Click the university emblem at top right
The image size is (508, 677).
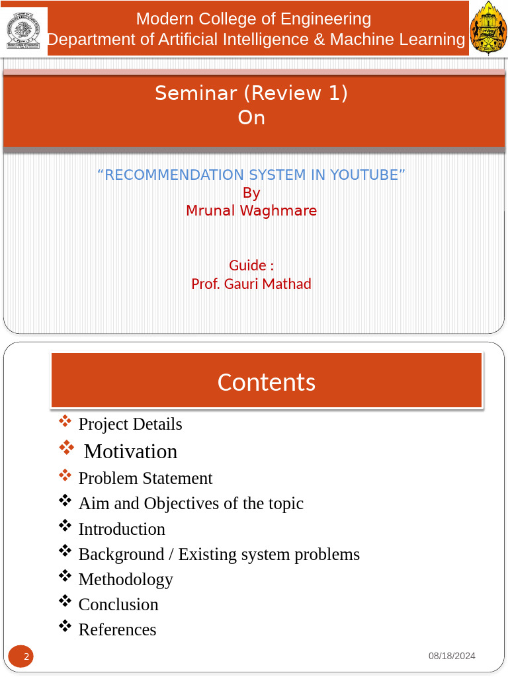(488, 28)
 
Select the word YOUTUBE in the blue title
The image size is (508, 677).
(364, 175)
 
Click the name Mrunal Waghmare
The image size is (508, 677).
(251, 211)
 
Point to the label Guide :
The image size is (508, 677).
(251, 265)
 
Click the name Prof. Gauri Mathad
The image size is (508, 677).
(251, 284)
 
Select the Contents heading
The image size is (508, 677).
(267, 382)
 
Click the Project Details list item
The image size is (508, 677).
(130, 424)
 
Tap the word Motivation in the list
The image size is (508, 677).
(131, 451)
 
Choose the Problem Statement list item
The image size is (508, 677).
(146, 478)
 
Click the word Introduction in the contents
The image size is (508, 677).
(122, 529)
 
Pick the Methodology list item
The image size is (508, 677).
(126, 579)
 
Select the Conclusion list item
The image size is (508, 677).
(118, 604)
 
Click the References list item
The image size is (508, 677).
(118, 629)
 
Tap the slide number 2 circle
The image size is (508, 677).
(21, 657)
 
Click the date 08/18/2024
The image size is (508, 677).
(452, 656)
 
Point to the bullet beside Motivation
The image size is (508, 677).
(66, 448)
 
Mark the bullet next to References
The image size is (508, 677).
(65, 625)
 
